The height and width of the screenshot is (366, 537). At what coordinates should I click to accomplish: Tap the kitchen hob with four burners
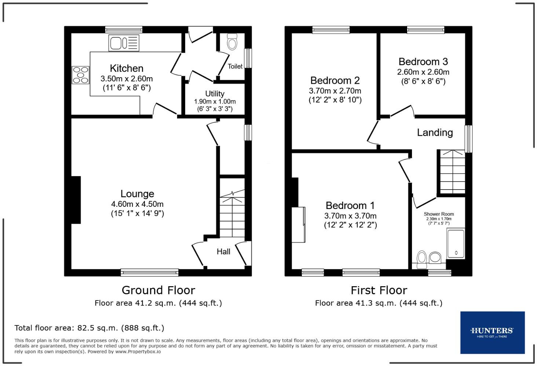click(81, 75)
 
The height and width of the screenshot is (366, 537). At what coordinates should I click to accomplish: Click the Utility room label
click(215, 94)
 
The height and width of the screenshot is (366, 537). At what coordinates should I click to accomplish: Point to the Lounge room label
click(137, 194)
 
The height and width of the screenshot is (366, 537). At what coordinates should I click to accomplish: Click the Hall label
click(223, 251)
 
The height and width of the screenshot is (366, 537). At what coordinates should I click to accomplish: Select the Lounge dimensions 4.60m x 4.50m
click(137, 204)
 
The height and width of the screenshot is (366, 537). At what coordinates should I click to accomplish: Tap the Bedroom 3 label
click(423, 61)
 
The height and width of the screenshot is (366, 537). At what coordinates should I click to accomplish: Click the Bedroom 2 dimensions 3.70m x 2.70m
click(335, 91)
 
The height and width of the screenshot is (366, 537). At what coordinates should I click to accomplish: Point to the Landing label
click(435, 132)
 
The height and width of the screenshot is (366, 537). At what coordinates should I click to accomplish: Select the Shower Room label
click(439, 214)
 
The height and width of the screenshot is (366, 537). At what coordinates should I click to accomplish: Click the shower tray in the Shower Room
click(456, 244)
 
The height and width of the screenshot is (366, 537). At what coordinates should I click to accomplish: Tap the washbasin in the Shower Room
click(435, 257)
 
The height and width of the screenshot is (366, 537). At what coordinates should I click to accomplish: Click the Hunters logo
click(492, 332)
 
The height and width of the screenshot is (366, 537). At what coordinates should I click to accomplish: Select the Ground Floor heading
click(158, 290)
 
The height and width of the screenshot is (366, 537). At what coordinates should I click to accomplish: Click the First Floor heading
click(379, 290)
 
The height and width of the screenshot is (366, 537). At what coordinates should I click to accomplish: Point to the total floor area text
click(89, 328)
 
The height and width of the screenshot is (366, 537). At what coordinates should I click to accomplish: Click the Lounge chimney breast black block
click(76, 200)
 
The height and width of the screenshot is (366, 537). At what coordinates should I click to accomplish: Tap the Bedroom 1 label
click(350, 205)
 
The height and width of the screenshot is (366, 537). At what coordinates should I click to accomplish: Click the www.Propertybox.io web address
click(138, 351)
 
